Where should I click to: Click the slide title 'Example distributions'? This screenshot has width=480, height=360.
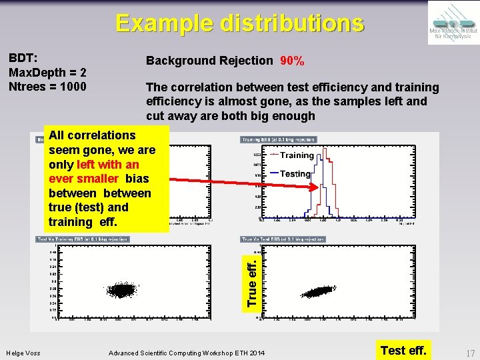[x=240, y=23]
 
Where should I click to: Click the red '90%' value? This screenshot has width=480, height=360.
[x=292, y=61]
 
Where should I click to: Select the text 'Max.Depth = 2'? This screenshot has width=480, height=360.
[x=47, y=72]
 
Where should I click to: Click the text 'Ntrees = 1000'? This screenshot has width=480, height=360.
[x=47, y=86]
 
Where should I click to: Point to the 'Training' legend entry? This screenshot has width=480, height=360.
[x=296, y=155]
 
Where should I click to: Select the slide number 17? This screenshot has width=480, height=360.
[x=470, y=353]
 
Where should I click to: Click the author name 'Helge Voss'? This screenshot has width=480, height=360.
[x=23, y=353]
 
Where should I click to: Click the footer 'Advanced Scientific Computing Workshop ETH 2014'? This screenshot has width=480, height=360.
[x=186, y=353]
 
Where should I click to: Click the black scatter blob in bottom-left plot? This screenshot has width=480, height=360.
[x=121, y=290]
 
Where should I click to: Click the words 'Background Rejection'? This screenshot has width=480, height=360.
[x=209, y=61]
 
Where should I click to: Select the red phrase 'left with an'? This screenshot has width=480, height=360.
[x=108, y=165]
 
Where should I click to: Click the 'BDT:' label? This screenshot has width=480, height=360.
[x=22, y=58]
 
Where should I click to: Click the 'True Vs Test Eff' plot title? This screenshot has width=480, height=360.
[x=283, y=239]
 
